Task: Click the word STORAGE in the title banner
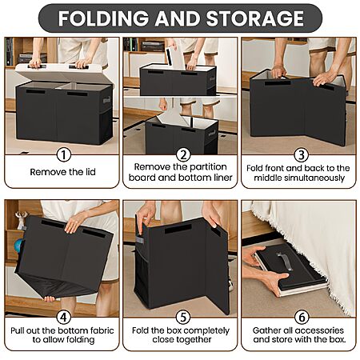(255, 18)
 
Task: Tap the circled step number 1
(64, 155)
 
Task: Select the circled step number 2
(183, 155)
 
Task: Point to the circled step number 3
(302, 155)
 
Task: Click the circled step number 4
(64, 317)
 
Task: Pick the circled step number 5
(183, 317)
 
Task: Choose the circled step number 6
(302, 317)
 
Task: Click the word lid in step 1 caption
(90, 172)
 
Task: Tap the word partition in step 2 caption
(208, 167)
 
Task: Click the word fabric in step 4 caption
(102, 330)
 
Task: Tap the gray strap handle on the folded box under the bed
(284, 262)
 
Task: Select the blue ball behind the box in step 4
(18, 246)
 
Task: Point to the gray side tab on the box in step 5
(140, 239)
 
